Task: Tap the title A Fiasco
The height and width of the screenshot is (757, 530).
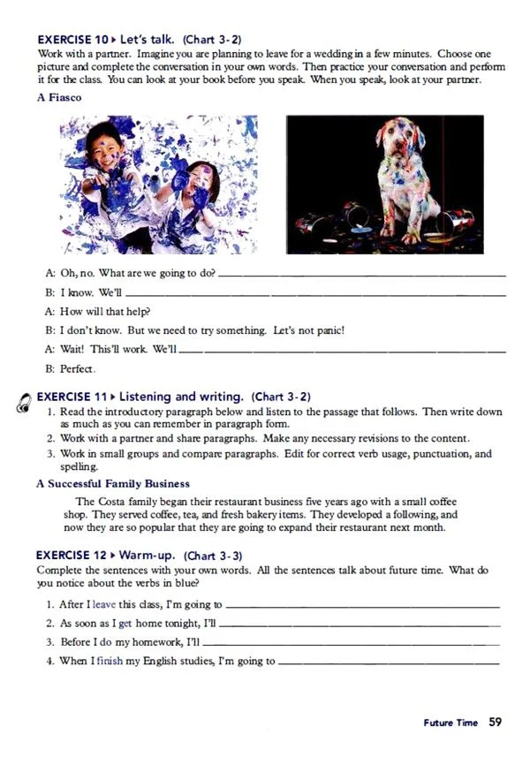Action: tap(59, 98)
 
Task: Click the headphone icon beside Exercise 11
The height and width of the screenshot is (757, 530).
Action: tap(23, 402)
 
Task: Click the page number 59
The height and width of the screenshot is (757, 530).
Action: tap(495, 722)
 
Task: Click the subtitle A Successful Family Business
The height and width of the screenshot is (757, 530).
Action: tap(113, 483)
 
